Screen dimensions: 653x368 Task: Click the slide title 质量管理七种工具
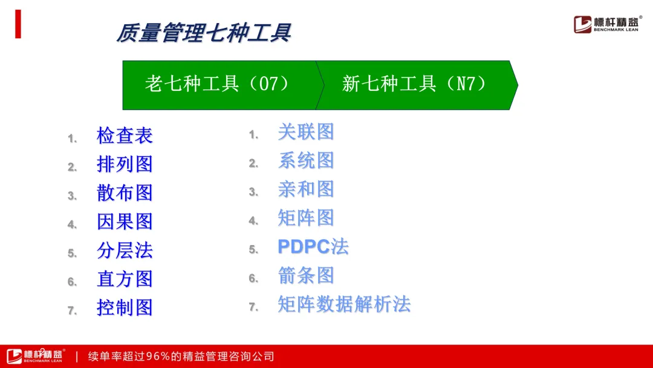204,33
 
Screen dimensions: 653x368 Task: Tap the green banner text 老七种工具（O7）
216,84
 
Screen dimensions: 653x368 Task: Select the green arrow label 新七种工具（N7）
414,84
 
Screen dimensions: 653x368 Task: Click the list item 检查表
125,136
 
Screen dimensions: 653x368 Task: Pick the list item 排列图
125,164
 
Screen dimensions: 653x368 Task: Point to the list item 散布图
125,193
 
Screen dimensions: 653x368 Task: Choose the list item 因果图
125,222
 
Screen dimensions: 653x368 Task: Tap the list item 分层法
125,251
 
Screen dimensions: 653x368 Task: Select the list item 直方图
125,279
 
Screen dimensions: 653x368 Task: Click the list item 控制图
125,307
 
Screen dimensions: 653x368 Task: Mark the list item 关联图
306,132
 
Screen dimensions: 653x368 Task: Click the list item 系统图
306,161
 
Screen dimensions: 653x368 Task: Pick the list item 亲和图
306,189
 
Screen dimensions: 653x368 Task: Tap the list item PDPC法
313,247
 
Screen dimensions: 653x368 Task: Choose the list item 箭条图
306,275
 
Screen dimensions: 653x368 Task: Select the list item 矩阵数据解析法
345,304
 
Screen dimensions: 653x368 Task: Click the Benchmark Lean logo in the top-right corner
607,24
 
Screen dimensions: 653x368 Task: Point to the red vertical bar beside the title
18,24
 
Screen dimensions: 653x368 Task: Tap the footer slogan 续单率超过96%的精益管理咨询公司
181,356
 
